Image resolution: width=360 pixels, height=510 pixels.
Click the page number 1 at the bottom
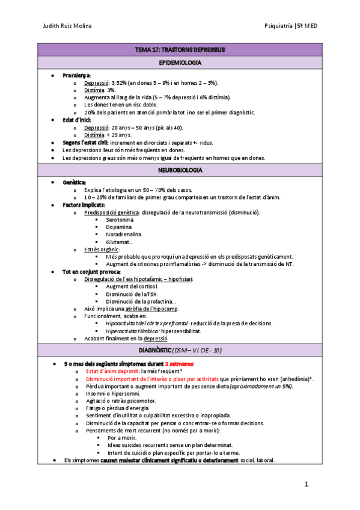(306, 484)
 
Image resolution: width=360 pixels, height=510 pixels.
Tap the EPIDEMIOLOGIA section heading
(180, 63)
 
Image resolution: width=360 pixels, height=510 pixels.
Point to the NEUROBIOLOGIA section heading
(180, 170)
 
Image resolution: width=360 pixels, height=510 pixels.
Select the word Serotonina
(119, 220)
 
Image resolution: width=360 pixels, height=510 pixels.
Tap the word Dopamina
(117, 227)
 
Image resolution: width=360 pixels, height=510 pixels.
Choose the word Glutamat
(117, 242)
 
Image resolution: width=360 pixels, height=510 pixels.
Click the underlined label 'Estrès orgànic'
(102, 249)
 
